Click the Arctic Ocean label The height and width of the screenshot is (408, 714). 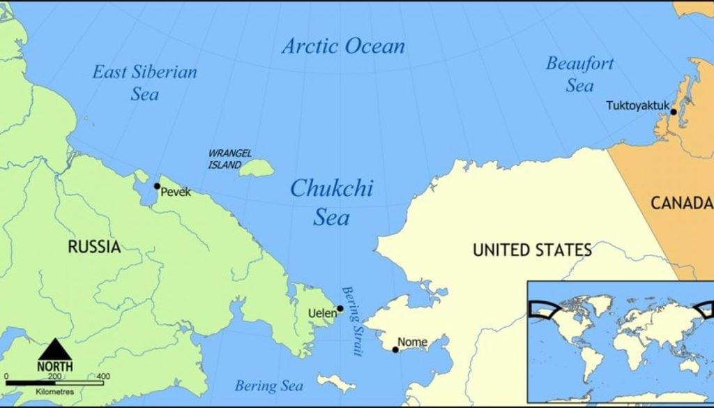(x=343, y=47)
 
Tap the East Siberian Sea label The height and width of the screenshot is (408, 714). (x=145, y=82)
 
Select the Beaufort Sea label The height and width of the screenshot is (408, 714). (x=579, y=75)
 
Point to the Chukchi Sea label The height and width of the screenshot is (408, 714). (x=331, y=202)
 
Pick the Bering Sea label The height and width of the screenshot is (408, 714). (x=268, y=386)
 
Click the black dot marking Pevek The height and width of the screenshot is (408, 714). (x=157, y=186)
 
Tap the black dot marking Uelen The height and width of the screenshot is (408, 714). (x=340, y=308)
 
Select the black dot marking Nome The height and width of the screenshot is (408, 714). (x=395, y=349)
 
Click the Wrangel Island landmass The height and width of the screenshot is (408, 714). (x=257, y=167)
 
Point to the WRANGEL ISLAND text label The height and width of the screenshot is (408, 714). (x=229, y=159)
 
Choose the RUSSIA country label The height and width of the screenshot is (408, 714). (x=93, y=246)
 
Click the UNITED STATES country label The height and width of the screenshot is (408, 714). (x=532, y=250)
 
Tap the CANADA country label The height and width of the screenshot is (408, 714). (x=681, y=203)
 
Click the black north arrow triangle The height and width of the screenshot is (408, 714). (x=54, y=349)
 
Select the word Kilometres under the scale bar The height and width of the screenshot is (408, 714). (x=54, y=392)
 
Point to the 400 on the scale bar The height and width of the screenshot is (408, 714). (x=103, y=377)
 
